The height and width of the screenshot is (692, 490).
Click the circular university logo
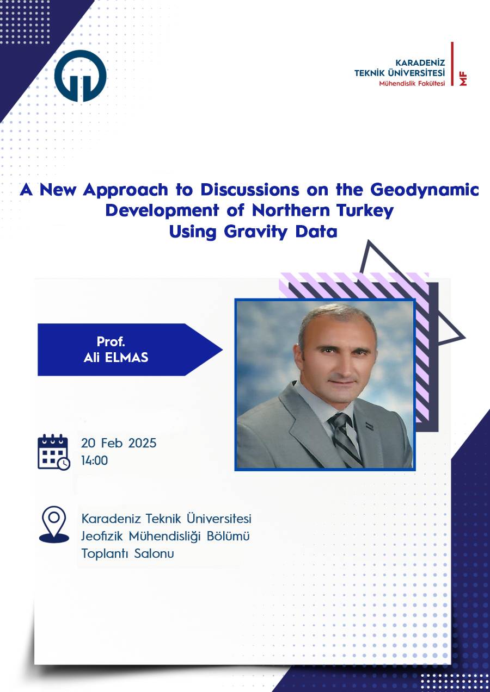80,76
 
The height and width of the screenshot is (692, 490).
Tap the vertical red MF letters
463,79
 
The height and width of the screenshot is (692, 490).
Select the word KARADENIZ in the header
420,63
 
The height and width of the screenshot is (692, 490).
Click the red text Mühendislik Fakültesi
412,83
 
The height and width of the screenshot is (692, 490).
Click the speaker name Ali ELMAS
116,358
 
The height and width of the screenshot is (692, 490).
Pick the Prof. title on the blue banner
111,342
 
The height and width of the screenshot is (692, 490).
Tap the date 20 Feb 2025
119,443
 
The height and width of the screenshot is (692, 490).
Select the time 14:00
94,460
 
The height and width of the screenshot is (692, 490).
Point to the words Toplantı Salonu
128,553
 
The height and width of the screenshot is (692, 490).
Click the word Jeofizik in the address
102,536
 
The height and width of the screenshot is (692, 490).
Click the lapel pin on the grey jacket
369,426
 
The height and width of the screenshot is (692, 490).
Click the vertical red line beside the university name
452,64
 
